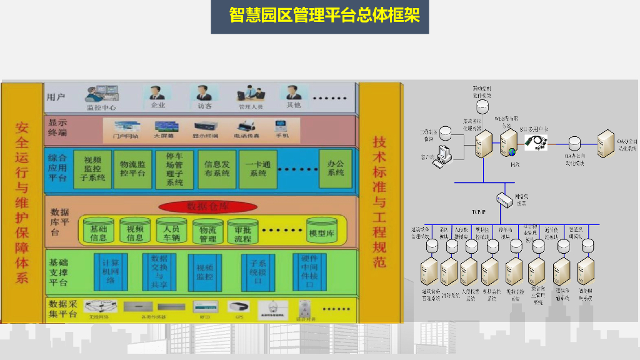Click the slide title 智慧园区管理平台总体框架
320,16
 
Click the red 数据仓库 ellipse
203,206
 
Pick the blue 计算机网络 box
110,271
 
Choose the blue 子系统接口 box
257,271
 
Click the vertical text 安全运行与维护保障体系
22,202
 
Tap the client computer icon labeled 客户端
446,156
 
